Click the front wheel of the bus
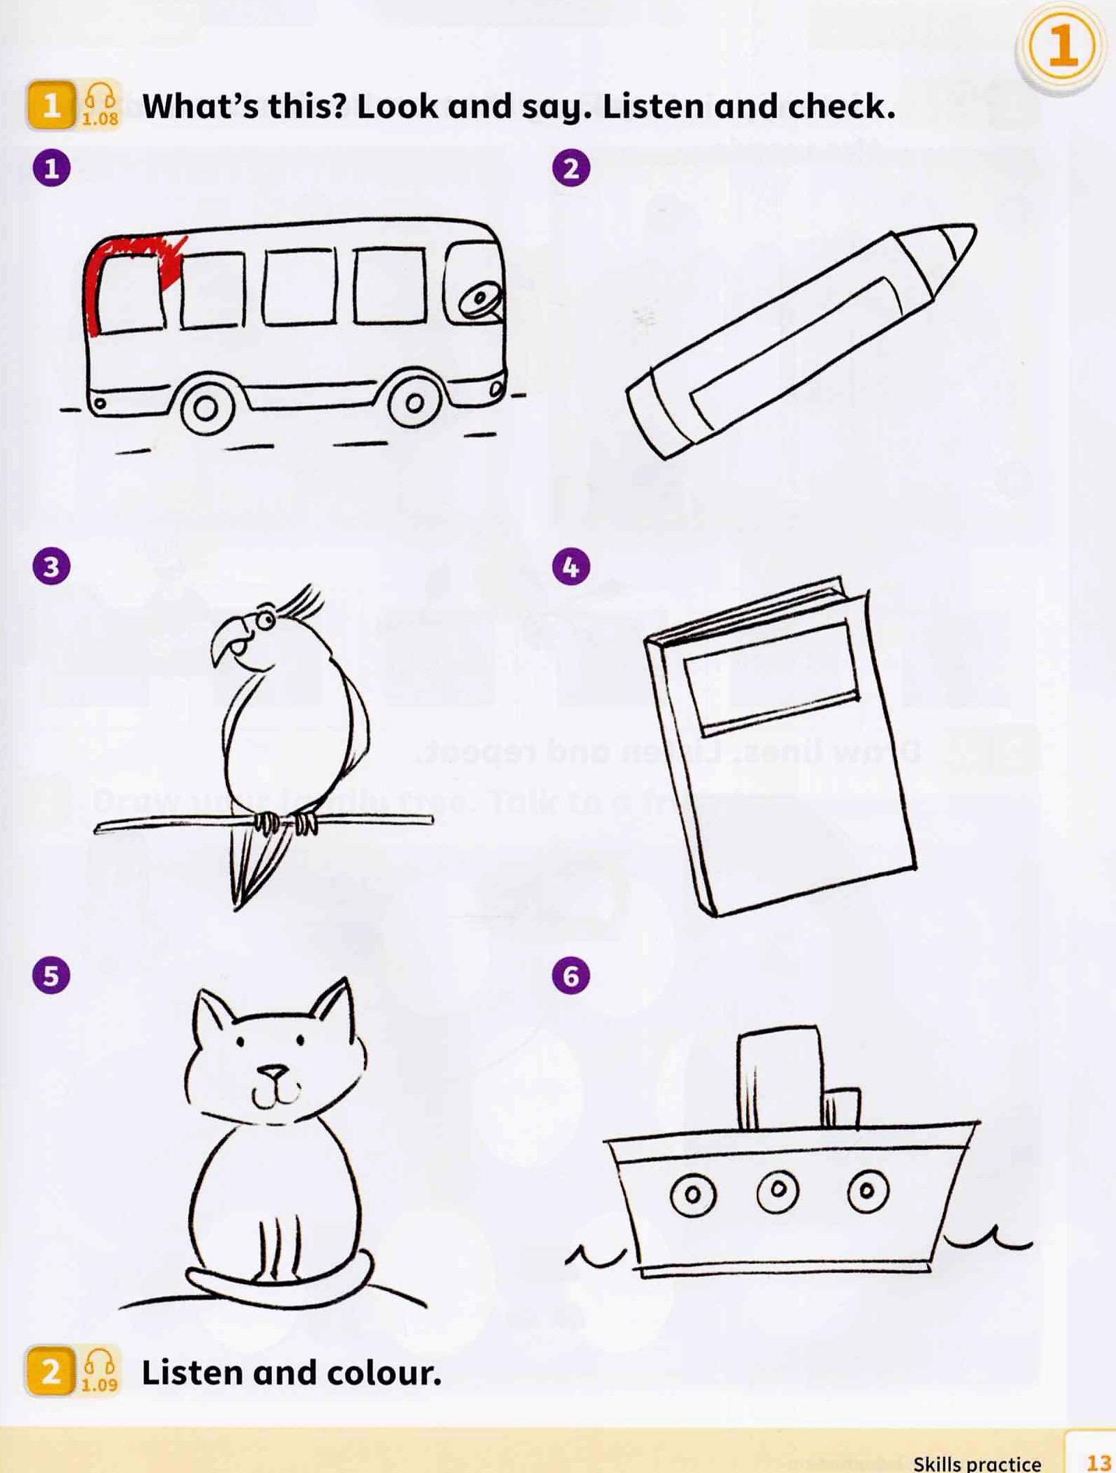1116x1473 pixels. pos(415,403)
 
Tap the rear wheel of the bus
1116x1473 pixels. pos(206,408)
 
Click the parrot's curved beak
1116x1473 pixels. pos(227,638)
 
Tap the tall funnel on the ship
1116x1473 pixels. pos(779,1077)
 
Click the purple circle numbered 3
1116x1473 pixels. pos(52,566)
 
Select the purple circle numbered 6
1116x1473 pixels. pos(571,975)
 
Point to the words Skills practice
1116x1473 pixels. pos(977,1463)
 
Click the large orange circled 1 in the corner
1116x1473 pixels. pos(1062,47)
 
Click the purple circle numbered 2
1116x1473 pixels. pos(571,169)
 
